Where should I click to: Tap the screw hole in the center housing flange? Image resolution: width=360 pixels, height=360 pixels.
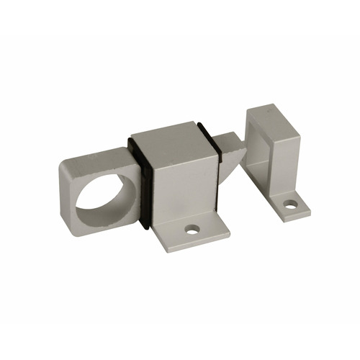coord(192,230)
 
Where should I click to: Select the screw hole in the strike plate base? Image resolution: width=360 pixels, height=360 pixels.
coord(290,204)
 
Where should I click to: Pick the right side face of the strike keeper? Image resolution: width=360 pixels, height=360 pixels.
coord(288,162)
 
